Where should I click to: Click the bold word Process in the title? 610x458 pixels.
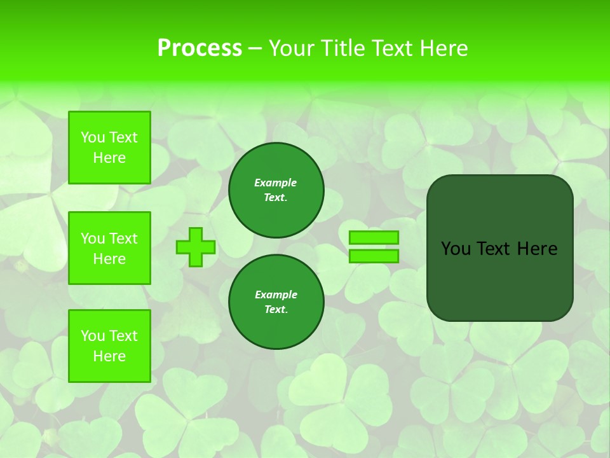click(x=200, y=48)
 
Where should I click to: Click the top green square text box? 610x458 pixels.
click(x=109, y=148)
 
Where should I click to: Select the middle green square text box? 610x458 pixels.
click(x=109, y=248)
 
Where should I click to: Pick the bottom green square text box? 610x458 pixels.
click(x=109, y=346)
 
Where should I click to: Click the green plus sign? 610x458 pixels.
click(x=196, y=247)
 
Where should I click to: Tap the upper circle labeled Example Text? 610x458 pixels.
click(x=276, y=190)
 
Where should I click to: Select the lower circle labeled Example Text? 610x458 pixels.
click(x=276, y=302)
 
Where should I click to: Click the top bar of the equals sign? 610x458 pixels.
click(x=374, y=237)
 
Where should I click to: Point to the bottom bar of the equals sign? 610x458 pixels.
click(x=374, y=256)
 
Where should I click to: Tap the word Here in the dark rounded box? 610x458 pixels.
click(x=538, y=249)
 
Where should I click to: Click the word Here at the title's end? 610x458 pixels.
click(x=444, y=48)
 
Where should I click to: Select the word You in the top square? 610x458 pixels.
click(x=93, y=137)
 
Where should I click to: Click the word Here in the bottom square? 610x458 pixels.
click(x=109, y=356)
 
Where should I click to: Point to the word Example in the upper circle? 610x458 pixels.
click(x=276, y=183)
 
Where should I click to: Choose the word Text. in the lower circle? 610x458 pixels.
click(x=276, y=310)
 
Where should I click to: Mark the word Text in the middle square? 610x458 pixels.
click(x=123, y=239)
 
